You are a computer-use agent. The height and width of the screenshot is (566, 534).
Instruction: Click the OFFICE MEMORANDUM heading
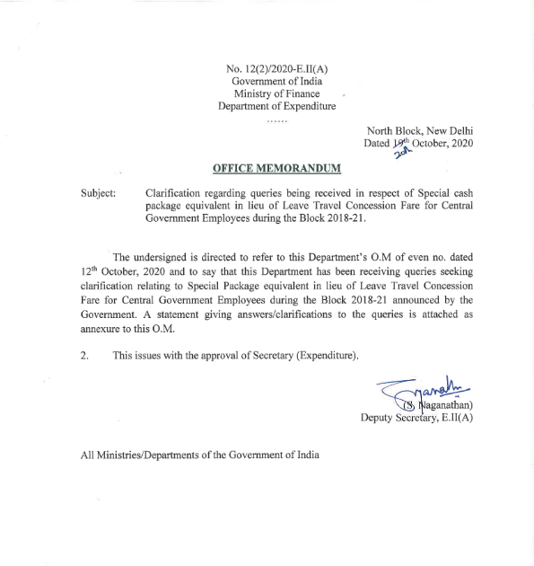pyautogui.click(x=276, y=168)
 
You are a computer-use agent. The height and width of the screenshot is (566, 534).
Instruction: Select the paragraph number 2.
pyautogui.click(x=83, y=356)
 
